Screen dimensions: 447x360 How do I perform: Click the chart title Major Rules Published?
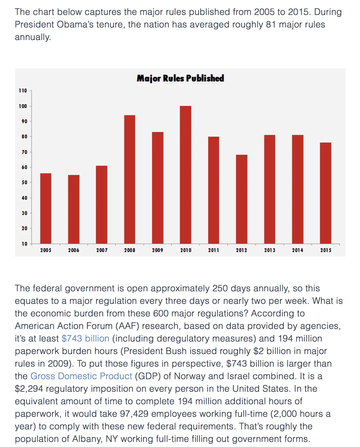tap(180, 78)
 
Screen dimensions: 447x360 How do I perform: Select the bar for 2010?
tap(185, 175)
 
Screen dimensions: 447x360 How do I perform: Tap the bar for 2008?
tap(129, 179)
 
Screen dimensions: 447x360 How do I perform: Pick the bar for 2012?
tap(241, 199)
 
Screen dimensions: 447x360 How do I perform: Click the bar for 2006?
tap(74, 209)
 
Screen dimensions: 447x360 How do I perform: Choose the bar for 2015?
tap(325, 193)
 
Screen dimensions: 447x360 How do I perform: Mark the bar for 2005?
tap(46, 208)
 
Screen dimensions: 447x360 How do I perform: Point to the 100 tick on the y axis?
tap(23, 106)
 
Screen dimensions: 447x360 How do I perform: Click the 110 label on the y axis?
tap(23, 91)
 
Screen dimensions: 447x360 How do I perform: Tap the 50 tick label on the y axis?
tap(24, 182)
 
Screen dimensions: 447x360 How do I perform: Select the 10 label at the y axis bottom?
tap(24, 244)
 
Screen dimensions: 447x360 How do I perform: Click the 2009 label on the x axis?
tap(158, 250)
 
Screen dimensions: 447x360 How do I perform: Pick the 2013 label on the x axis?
tap(269, 250)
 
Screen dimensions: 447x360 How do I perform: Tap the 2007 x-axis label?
tap(102, 250)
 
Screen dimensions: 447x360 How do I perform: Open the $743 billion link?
tap(85, 338)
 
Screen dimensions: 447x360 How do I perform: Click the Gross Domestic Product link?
tap(81, 376)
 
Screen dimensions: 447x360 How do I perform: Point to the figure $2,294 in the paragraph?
tap(29, 388)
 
